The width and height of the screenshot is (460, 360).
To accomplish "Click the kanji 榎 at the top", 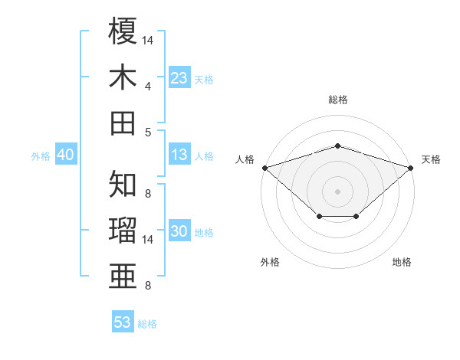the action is pos(123,31).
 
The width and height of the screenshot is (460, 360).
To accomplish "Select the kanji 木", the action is pos(123,77).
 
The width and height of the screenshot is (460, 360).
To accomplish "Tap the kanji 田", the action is pos(123,123).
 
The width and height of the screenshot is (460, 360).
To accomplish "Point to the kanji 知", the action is pos(123,184).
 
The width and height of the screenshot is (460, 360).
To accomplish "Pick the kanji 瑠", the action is pos(123,230).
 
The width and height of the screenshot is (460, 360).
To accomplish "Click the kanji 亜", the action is pos(123,276).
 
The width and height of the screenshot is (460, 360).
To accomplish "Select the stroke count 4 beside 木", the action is pos(148,87).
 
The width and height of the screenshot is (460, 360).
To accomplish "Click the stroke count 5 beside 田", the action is pos(148,133).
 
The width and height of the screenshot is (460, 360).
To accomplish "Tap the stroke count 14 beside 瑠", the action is pos(147,240).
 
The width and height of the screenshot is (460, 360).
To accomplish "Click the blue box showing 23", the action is pos(179,77).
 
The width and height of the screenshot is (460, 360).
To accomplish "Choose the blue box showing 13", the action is pos(179,154).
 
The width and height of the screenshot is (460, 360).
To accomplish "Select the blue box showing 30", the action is pos(179,230).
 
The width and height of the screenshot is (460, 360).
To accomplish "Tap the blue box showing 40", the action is pos(66,154).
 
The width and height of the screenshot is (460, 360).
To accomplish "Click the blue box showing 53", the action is pos(123,321).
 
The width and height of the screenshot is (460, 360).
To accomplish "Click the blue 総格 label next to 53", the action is pos(147,324).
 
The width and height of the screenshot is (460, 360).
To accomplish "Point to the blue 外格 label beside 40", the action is pos(41,156).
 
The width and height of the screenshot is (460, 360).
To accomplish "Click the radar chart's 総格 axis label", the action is pos(338,100).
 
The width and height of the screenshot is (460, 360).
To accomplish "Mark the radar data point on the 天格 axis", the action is pos(411,168).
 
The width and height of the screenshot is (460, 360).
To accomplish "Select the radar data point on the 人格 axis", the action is pos(265,168).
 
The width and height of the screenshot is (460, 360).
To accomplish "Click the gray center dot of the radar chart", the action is pos(337,191).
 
